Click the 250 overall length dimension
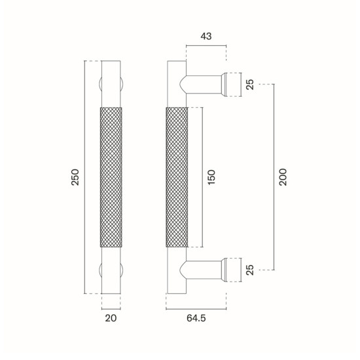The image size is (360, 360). (75, 177)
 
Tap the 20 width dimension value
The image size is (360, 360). (111, 318)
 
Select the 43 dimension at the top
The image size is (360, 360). (206, 36)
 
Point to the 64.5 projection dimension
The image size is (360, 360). (196, 318)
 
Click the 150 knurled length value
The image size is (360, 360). (211, 177)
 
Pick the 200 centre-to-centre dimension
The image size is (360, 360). (283, 177)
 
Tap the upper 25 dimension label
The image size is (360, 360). (250, 84)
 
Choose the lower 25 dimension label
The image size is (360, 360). (250, 270)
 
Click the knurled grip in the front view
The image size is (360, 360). (111, 177)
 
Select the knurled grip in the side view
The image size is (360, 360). (177, 177)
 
